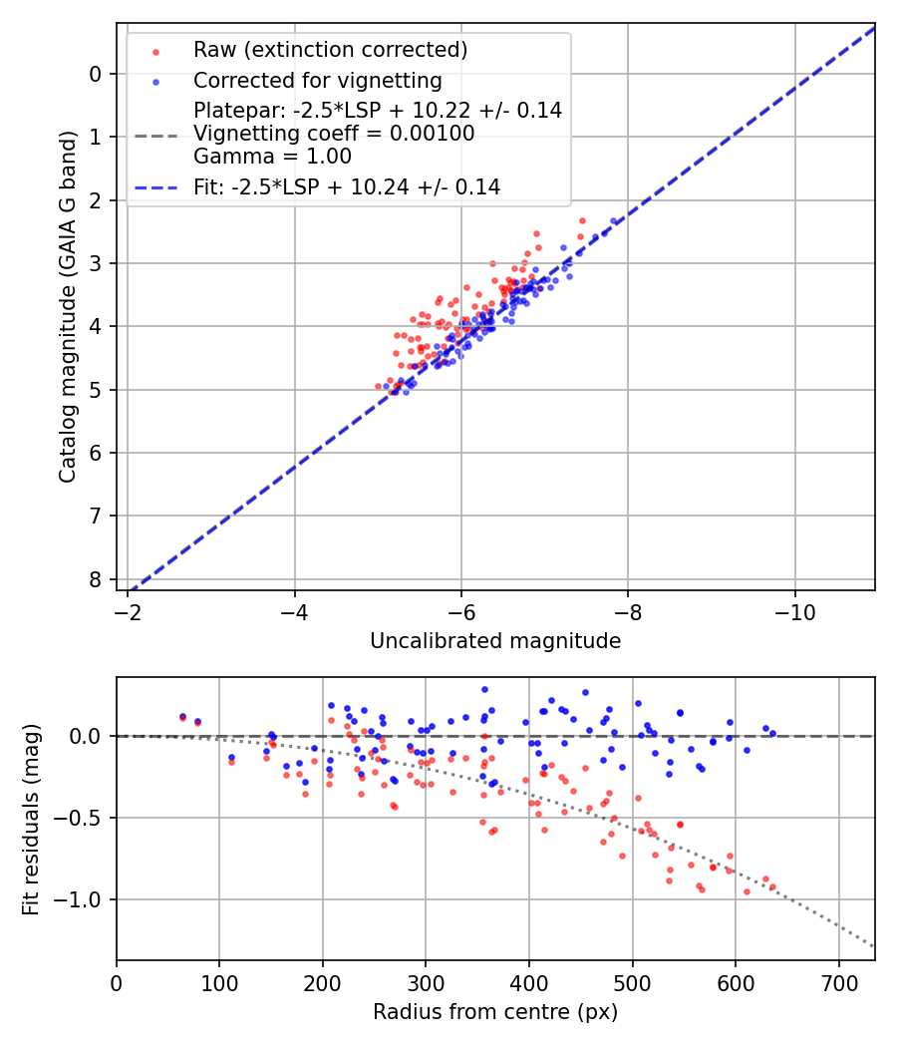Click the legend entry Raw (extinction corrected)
330,50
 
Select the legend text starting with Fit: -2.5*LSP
347,186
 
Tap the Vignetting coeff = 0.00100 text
334,134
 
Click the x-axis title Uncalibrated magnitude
495,641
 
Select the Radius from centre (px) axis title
495,1012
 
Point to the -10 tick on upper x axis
794,607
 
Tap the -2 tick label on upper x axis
128,607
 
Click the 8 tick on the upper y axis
96,579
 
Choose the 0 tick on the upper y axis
96,74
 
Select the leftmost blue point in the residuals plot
182,716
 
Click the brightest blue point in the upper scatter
614,221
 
